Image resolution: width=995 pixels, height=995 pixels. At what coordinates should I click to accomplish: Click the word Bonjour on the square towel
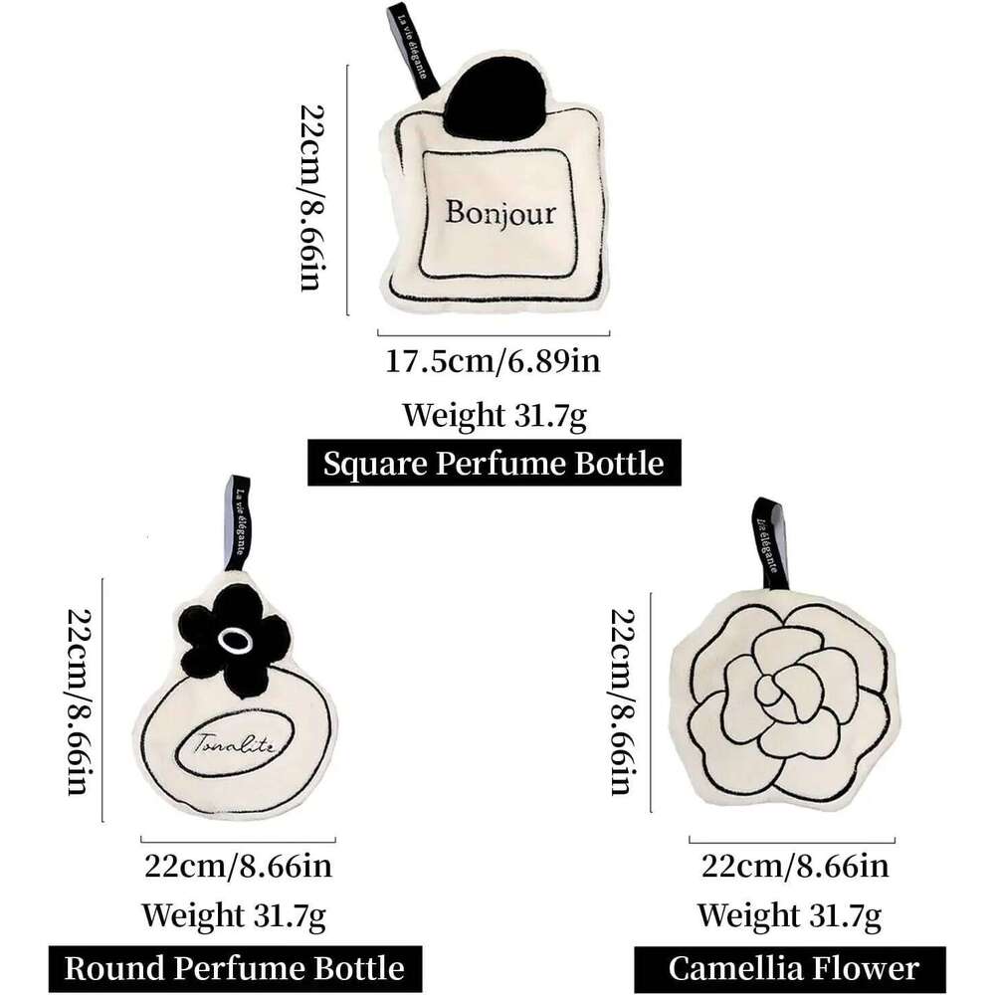coord(499,213)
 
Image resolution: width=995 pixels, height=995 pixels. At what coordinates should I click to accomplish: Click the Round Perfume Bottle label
coord(234,967)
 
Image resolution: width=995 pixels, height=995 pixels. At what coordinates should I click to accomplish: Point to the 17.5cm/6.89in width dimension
coord(493,359)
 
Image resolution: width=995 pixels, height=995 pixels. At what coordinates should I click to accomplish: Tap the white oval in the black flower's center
coord(235,644)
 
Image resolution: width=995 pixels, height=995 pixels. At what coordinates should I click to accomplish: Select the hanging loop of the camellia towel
coord(771,542)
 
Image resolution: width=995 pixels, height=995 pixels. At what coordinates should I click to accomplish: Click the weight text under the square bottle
coord(494,414)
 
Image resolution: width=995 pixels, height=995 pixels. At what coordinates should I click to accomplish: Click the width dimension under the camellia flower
coord(792,866)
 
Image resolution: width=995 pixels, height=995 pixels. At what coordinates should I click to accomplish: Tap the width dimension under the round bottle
coord(238,866)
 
